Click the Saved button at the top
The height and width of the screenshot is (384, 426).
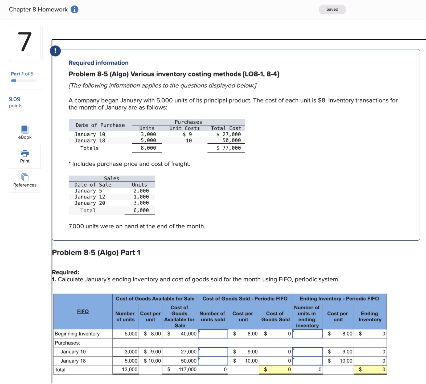tap(332, 9)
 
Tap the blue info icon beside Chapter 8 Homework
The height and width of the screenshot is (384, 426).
tap(75, 9)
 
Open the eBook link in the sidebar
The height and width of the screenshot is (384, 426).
tap(25, 132)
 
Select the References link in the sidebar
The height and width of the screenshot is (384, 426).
tap(25, 180)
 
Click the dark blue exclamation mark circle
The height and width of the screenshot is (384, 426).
tap(55, 51)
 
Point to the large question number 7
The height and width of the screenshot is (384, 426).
tap(25, 42)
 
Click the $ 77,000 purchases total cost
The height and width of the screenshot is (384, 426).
tap(228, 148)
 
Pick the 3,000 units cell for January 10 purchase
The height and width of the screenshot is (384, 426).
tap(148, 134)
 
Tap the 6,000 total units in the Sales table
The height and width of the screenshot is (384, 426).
tap(141, 210)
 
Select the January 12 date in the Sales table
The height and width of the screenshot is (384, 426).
tap(90, 197)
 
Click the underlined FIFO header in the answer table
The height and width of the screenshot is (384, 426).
tap(83, 311)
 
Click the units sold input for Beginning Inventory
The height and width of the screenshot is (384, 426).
tap(213, 334)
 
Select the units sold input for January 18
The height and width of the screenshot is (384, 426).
tap(213, 361)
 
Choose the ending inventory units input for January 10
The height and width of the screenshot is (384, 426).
tap(308, 352)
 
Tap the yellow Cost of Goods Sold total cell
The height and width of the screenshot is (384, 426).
tap(275, 369)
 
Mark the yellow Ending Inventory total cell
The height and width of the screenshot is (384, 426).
tap(370, 369)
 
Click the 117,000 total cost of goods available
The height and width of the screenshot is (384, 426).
tap(187, 369)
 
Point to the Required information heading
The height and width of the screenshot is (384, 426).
tap(99, 63)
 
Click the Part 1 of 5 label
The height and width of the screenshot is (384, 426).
tap(22, 74)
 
